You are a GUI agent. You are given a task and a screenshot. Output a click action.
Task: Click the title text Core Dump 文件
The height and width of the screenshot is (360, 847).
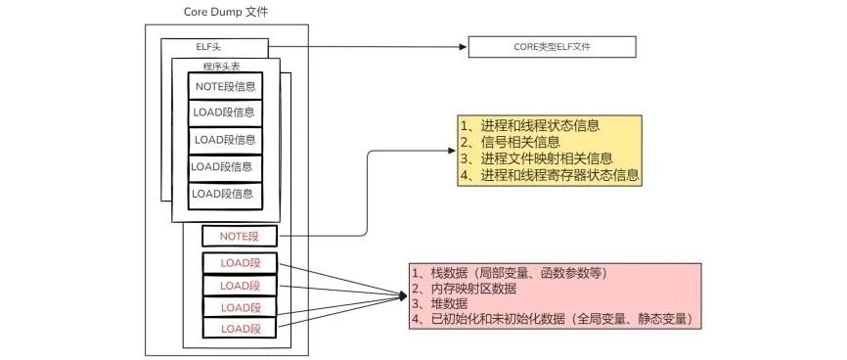click(226, 12)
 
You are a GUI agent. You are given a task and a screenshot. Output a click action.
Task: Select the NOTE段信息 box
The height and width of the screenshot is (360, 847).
click(225, 86)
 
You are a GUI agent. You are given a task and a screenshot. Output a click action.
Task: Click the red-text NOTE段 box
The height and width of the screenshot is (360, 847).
click(240, 236)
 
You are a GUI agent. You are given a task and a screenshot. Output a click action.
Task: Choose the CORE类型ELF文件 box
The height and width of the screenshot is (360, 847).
click(552, 47)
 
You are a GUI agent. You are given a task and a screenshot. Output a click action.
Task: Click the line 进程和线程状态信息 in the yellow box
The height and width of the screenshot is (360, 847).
click(530, 126)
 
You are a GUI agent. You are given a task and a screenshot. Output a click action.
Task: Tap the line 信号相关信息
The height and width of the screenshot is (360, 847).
click(510, 142)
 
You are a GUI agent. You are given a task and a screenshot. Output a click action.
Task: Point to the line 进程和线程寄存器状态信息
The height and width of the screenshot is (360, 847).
click(550, 175)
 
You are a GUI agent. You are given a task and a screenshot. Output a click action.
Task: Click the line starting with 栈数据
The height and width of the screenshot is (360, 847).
click(508, 273)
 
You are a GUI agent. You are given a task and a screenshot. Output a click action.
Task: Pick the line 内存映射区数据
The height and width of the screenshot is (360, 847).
click(464, 289)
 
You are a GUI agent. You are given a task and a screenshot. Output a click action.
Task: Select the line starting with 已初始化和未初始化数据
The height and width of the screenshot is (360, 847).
click(552, 319)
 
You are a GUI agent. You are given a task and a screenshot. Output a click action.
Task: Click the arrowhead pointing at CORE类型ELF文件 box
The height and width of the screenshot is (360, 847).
click(463, 47)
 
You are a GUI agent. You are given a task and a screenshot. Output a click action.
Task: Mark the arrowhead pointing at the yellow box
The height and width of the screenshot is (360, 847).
click(452, 151)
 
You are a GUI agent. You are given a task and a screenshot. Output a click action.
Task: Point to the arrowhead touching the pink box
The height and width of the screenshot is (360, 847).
click(402, 295)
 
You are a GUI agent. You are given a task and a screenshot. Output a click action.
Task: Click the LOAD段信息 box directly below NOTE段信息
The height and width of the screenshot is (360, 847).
click(225, 113)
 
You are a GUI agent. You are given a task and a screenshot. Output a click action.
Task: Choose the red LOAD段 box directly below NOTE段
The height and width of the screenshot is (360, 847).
click(240, 263)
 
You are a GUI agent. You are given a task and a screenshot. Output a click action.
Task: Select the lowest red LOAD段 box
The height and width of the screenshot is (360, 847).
click(240, 328)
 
